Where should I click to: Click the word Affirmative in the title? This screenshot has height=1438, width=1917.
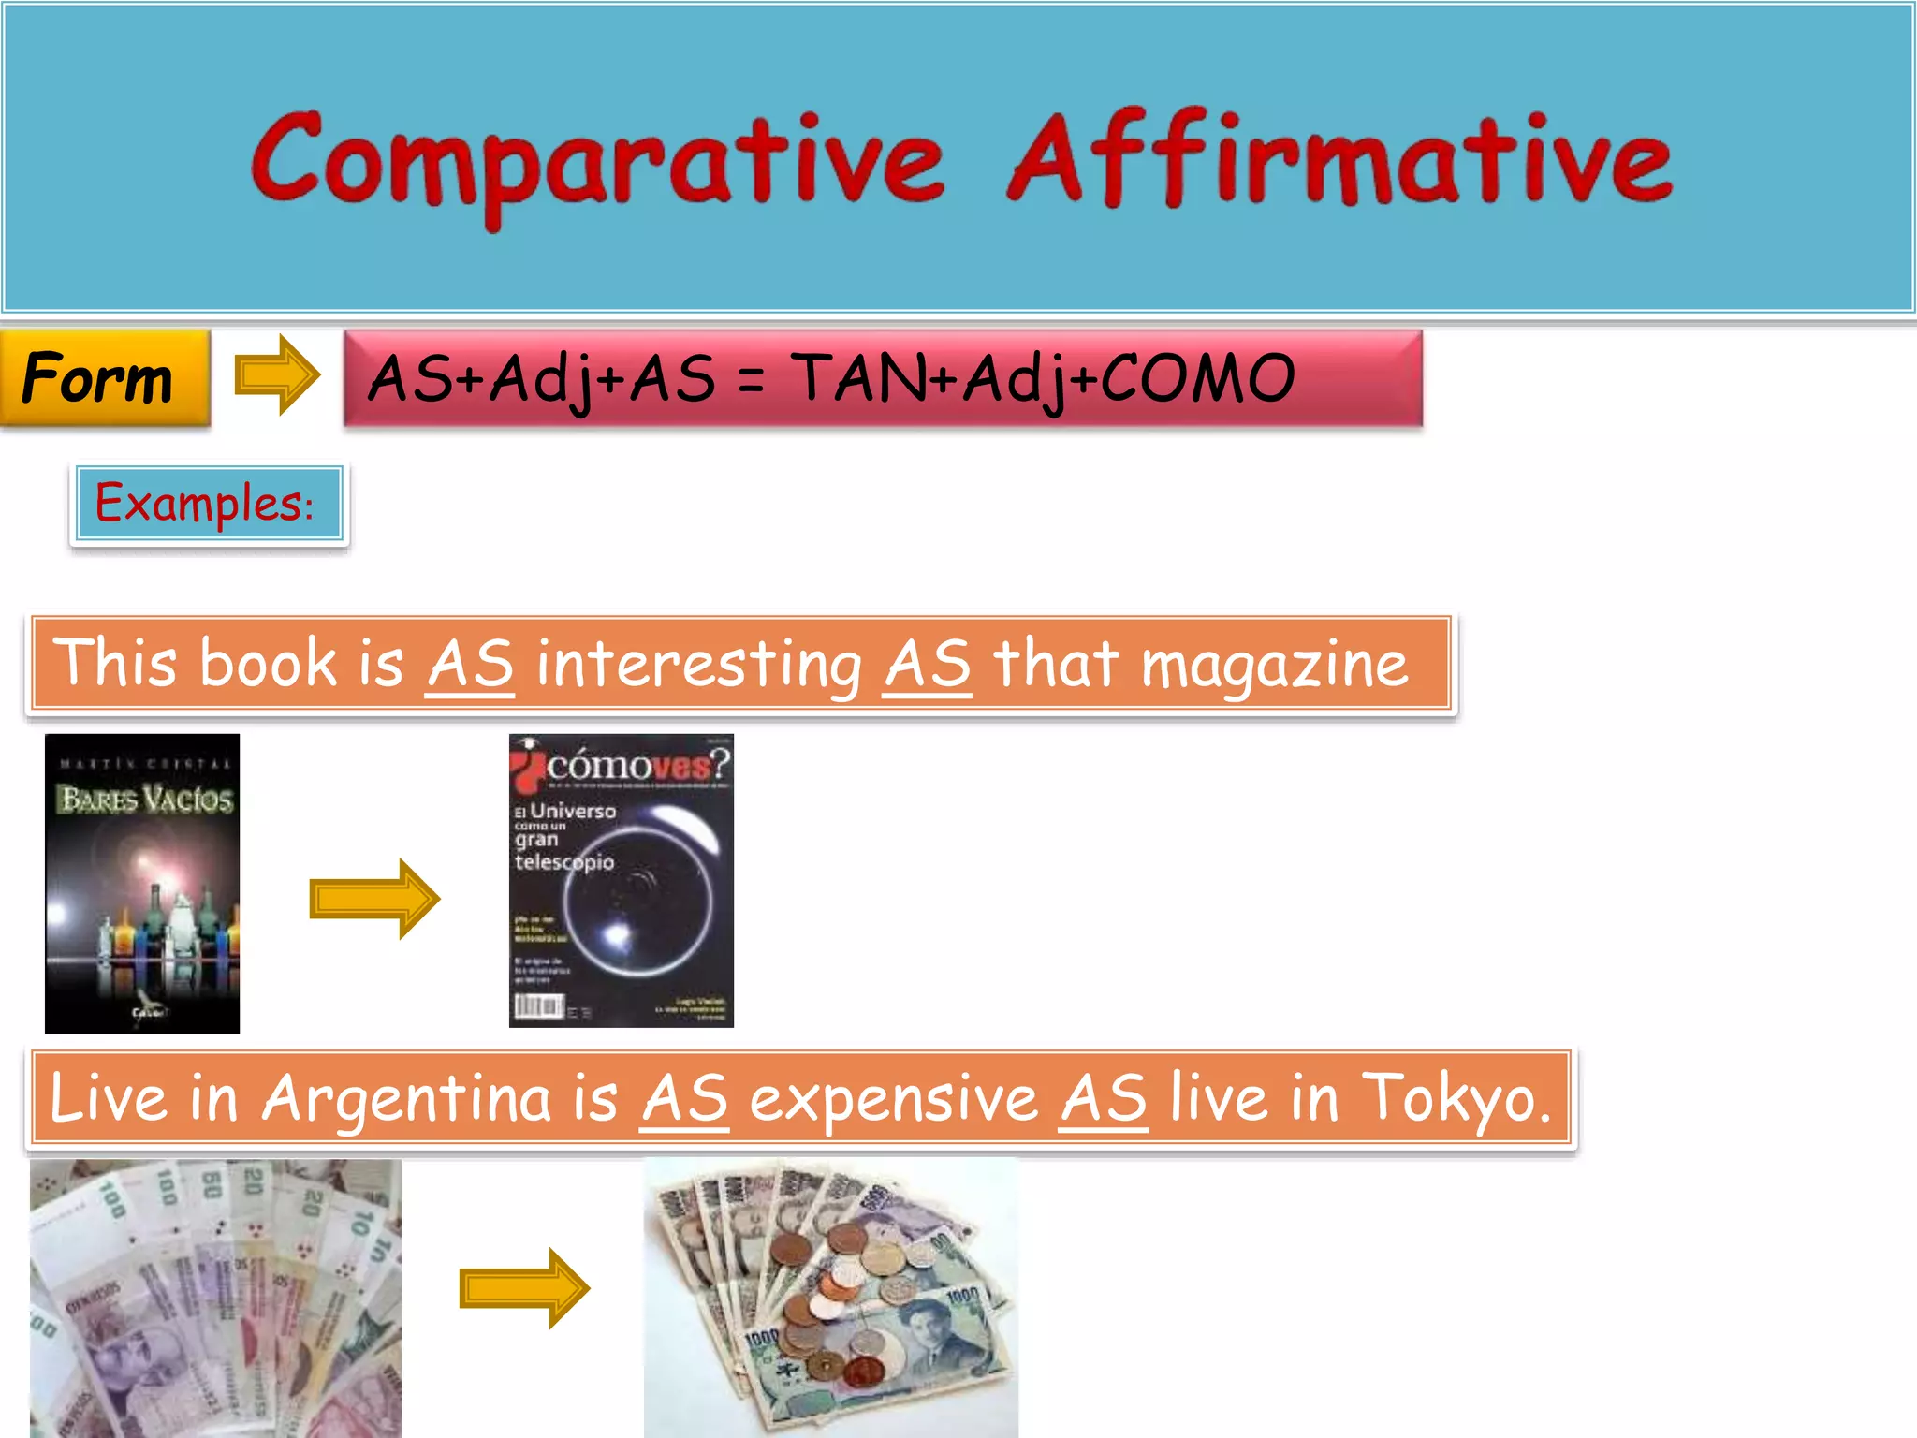[x=1339, y=159]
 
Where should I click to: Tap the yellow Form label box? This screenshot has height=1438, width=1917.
[x=104, y=377]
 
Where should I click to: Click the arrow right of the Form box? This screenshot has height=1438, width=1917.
[x=276, y=375]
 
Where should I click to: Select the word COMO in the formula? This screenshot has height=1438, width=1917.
[x=1197, y=378]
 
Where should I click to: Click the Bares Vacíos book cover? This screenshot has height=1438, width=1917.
[x=142, y=883]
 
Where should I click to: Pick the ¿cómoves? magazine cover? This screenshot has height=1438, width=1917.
[x=621, y=881]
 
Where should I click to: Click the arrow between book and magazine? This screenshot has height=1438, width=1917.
[x=374, y=898]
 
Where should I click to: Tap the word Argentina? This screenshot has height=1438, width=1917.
[x=407, y=1098]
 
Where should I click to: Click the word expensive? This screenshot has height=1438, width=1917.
[x=893, y=1098]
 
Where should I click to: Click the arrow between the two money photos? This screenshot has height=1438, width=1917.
[x=524, y=1288]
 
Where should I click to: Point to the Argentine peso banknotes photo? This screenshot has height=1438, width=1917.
[x=215, y=1298]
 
